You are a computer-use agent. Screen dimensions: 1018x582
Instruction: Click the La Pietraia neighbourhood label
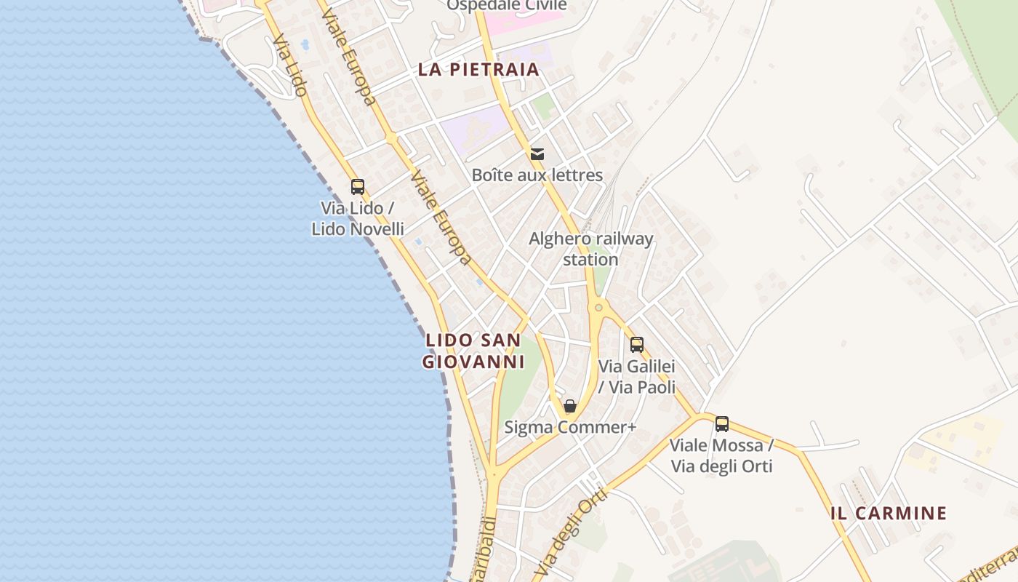pyautogui.click(x=478, y=70)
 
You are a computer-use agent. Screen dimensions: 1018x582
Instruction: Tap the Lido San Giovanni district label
pyautogui.click(x=473, y=351)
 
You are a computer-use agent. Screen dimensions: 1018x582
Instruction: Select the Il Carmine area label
pyautogui.click(x=889, y=513)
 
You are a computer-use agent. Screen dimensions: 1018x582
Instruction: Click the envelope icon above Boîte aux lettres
pyautogui.click(x=537, y=154)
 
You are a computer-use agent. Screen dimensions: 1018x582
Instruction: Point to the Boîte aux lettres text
pyautogui.click(x=537, y=175)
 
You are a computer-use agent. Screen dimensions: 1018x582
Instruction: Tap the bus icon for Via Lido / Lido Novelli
pyautogui.click(x=357, y=186)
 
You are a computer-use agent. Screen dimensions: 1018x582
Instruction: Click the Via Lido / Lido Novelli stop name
pyautogui.click(x=357, y=218)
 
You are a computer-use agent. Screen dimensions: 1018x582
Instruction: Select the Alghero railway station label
pyautogui.click(x=590, y=249)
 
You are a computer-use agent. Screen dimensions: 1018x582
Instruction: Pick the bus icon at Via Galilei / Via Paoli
pyautogui.click(x=637, y=345)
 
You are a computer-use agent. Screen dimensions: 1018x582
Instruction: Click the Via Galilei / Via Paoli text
pyautogui.click(x=637, y=377)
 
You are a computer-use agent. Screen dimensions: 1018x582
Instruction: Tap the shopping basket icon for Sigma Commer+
pyautogui.click(x=570, y=406)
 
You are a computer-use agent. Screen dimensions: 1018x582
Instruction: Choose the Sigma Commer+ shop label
pyautogui.click(x=570, y=427)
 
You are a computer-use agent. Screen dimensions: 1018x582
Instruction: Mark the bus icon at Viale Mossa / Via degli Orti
pyautogui.click(x=722, y=423)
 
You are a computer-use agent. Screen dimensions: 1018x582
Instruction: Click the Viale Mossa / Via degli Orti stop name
pyautogui.click(x=721, y=455)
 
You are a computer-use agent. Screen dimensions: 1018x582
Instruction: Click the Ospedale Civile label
pyautogui.click(x=506, y=6)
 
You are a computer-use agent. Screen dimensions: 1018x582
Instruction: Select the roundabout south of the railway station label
pyautogui.click(x=598, y=308)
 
